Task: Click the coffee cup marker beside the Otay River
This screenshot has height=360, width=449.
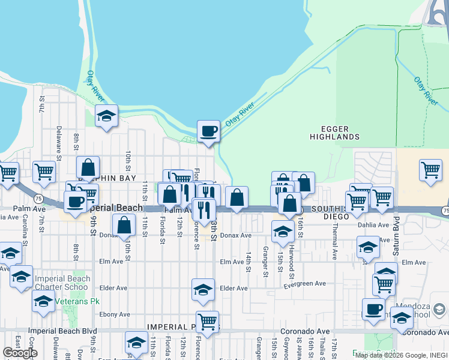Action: point(208,131)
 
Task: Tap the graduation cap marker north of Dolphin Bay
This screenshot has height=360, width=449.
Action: point(106,116)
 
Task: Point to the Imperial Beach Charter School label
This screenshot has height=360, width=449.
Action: point(62,283)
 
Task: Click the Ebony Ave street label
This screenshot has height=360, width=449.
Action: point(115,314)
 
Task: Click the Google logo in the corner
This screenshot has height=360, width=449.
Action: point(20,353)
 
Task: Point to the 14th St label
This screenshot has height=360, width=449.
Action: point(247,262)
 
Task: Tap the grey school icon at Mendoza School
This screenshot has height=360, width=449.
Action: point(439,310)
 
